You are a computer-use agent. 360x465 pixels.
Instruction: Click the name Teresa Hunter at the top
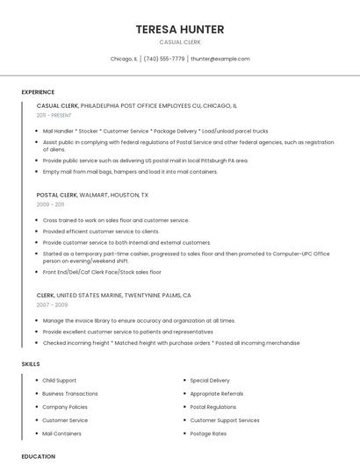click(180, 30)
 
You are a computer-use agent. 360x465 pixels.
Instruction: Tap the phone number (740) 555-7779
click(164, 59)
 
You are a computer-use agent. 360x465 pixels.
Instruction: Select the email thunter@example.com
click(220, 59)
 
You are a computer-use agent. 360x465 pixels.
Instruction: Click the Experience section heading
click(38, 92)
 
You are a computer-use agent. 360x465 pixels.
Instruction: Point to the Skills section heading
click(31, 363)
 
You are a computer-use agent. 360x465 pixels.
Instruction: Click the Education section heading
click(39, 456)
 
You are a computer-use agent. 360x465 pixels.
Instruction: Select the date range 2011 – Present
click(54, 115)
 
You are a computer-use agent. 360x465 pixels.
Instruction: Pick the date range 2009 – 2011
click(50, 204)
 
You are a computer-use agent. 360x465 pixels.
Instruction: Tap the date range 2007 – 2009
click(52, 304)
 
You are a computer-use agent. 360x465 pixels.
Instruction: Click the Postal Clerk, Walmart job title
click(92, 195)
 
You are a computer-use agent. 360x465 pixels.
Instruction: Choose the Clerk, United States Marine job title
click(113, 296)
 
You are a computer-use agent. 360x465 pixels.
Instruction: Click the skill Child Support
click(59, 381)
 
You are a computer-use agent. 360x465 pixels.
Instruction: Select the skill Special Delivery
click(210, 381)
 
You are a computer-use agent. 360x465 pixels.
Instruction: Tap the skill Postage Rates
click(208, 433)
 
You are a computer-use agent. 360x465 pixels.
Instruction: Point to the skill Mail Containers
click(61, 433)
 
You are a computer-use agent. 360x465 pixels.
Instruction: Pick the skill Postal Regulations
click(212, 407)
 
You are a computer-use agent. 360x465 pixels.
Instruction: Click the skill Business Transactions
click(70, 394)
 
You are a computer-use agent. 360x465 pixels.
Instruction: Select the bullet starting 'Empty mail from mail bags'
click(130, 172)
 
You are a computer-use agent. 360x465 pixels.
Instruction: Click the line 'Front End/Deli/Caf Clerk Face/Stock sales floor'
click(102, 272)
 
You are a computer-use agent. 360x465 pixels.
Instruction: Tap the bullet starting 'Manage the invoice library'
click(139, 321)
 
